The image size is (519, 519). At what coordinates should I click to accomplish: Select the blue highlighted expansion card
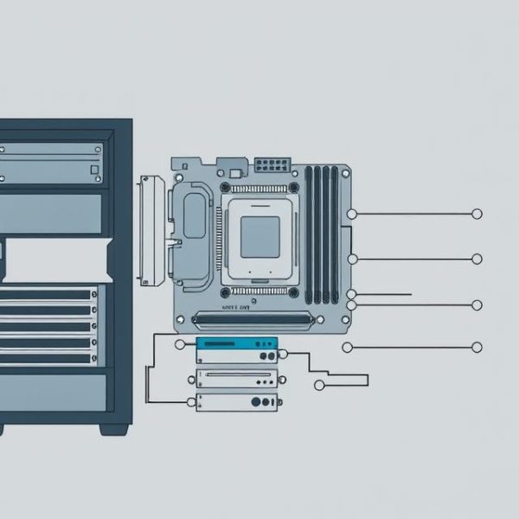237,349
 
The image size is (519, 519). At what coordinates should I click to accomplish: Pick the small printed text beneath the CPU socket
234,306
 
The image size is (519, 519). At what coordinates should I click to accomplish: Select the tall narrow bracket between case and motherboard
151,229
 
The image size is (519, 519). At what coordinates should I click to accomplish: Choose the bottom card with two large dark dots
237,401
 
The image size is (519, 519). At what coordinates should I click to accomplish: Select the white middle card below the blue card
237,377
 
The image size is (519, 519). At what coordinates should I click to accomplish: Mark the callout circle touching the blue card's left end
180,344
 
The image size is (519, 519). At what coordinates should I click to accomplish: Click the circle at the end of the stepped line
319,385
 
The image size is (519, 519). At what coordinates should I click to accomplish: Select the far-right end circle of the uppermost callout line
477,214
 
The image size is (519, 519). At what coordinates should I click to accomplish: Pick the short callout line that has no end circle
381,295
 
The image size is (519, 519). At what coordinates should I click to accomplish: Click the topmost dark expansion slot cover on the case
48,294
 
